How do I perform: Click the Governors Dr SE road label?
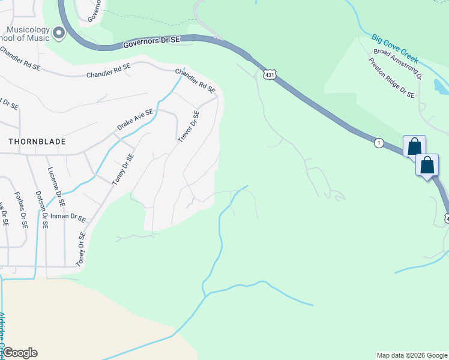[152, 43]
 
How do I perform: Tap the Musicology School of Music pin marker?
[59, 33]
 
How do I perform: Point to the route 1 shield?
[378, 143]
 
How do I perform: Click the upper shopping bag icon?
[414, 146]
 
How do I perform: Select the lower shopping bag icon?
[427, 165]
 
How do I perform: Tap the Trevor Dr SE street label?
[188, 126]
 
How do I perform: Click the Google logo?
[20, 353]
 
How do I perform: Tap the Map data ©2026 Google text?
[412, 355]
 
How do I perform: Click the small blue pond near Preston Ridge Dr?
[441, 88]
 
